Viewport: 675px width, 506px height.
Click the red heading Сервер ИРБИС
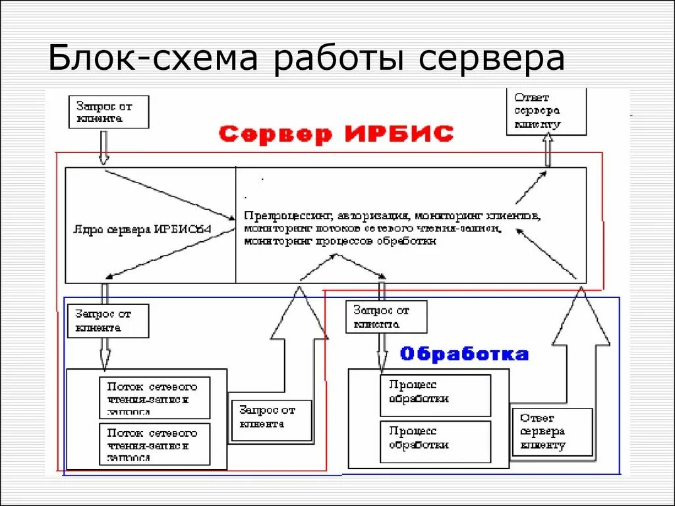[x=336, y=134]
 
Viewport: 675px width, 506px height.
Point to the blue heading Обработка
[x=464, y=354]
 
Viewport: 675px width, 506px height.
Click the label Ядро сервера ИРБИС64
[x=146, y=229]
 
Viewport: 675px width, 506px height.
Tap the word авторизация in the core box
[x=373, y=216]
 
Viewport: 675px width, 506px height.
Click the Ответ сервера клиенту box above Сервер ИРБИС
[x=545, y=111]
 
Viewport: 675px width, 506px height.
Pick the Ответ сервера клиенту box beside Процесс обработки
[x=552, y=431]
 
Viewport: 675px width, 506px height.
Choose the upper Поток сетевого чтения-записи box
[x=154, y=397]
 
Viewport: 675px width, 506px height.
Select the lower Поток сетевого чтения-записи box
[x=154, y=443]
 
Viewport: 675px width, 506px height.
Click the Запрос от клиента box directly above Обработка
[x=386, y=316]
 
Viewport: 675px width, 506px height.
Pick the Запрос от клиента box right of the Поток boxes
[x=271, y=417]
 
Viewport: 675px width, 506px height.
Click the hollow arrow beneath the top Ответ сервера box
[x=546, y=150]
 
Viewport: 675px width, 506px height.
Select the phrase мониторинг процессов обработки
[x=339, y=241]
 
